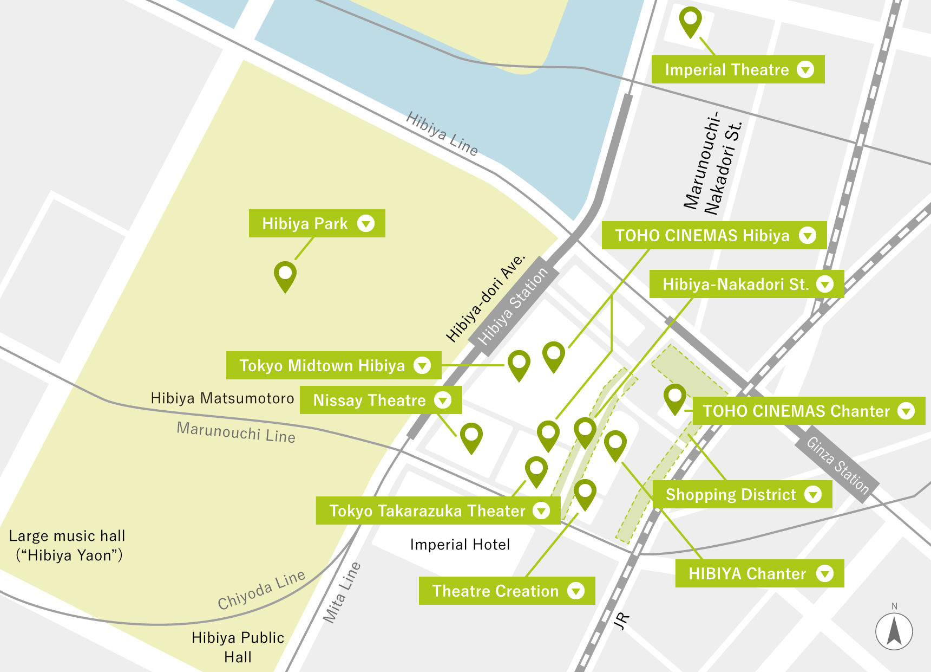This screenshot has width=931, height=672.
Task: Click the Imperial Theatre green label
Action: (x=737, y=69)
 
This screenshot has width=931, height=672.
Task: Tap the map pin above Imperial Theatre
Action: (x=690, y=21)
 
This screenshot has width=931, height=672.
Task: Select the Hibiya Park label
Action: (x=317, y=223)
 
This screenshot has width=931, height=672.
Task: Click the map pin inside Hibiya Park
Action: (x=285, y=275)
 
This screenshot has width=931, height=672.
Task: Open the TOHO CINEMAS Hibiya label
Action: (x=713, y=235)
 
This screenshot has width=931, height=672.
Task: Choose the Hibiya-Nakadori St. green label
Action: (x=746, y=284)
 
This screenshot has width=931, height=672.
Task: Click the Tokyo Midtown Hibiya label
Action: (x=333, y=365)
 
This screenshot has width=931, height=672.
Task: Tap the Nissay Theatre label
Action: (x=381, y=400)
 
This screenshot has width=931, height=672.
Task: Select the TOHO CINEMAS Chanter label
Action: (x=809, y=411)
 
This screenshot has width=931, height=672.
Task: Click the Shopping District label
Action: (x=742, y=494)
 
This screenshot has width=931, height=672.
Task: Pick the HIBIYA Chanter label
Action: (x=759, y=573)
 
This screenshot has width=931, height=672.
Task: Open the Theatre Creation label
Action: (x=506, y=591)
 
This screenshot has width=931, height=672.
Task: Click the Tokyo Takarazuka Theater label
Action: (x=437, y=511)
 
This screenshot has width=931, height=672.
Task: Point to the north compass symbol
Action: (x=894, y=630)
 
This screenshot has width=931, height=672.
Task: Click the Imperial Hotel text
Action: (x=460, y=544)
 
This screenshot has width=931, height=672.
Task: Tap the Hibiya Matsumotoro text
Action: (x=222, y=398)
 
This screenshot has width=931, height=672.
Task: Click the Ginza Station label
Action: (x=837, y=465)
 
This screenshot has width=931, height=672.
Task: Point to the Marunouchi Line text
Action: (x=236, y=432)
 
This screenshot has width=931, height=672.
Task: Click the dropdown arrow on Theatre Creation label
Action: (x=576, y=591)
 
